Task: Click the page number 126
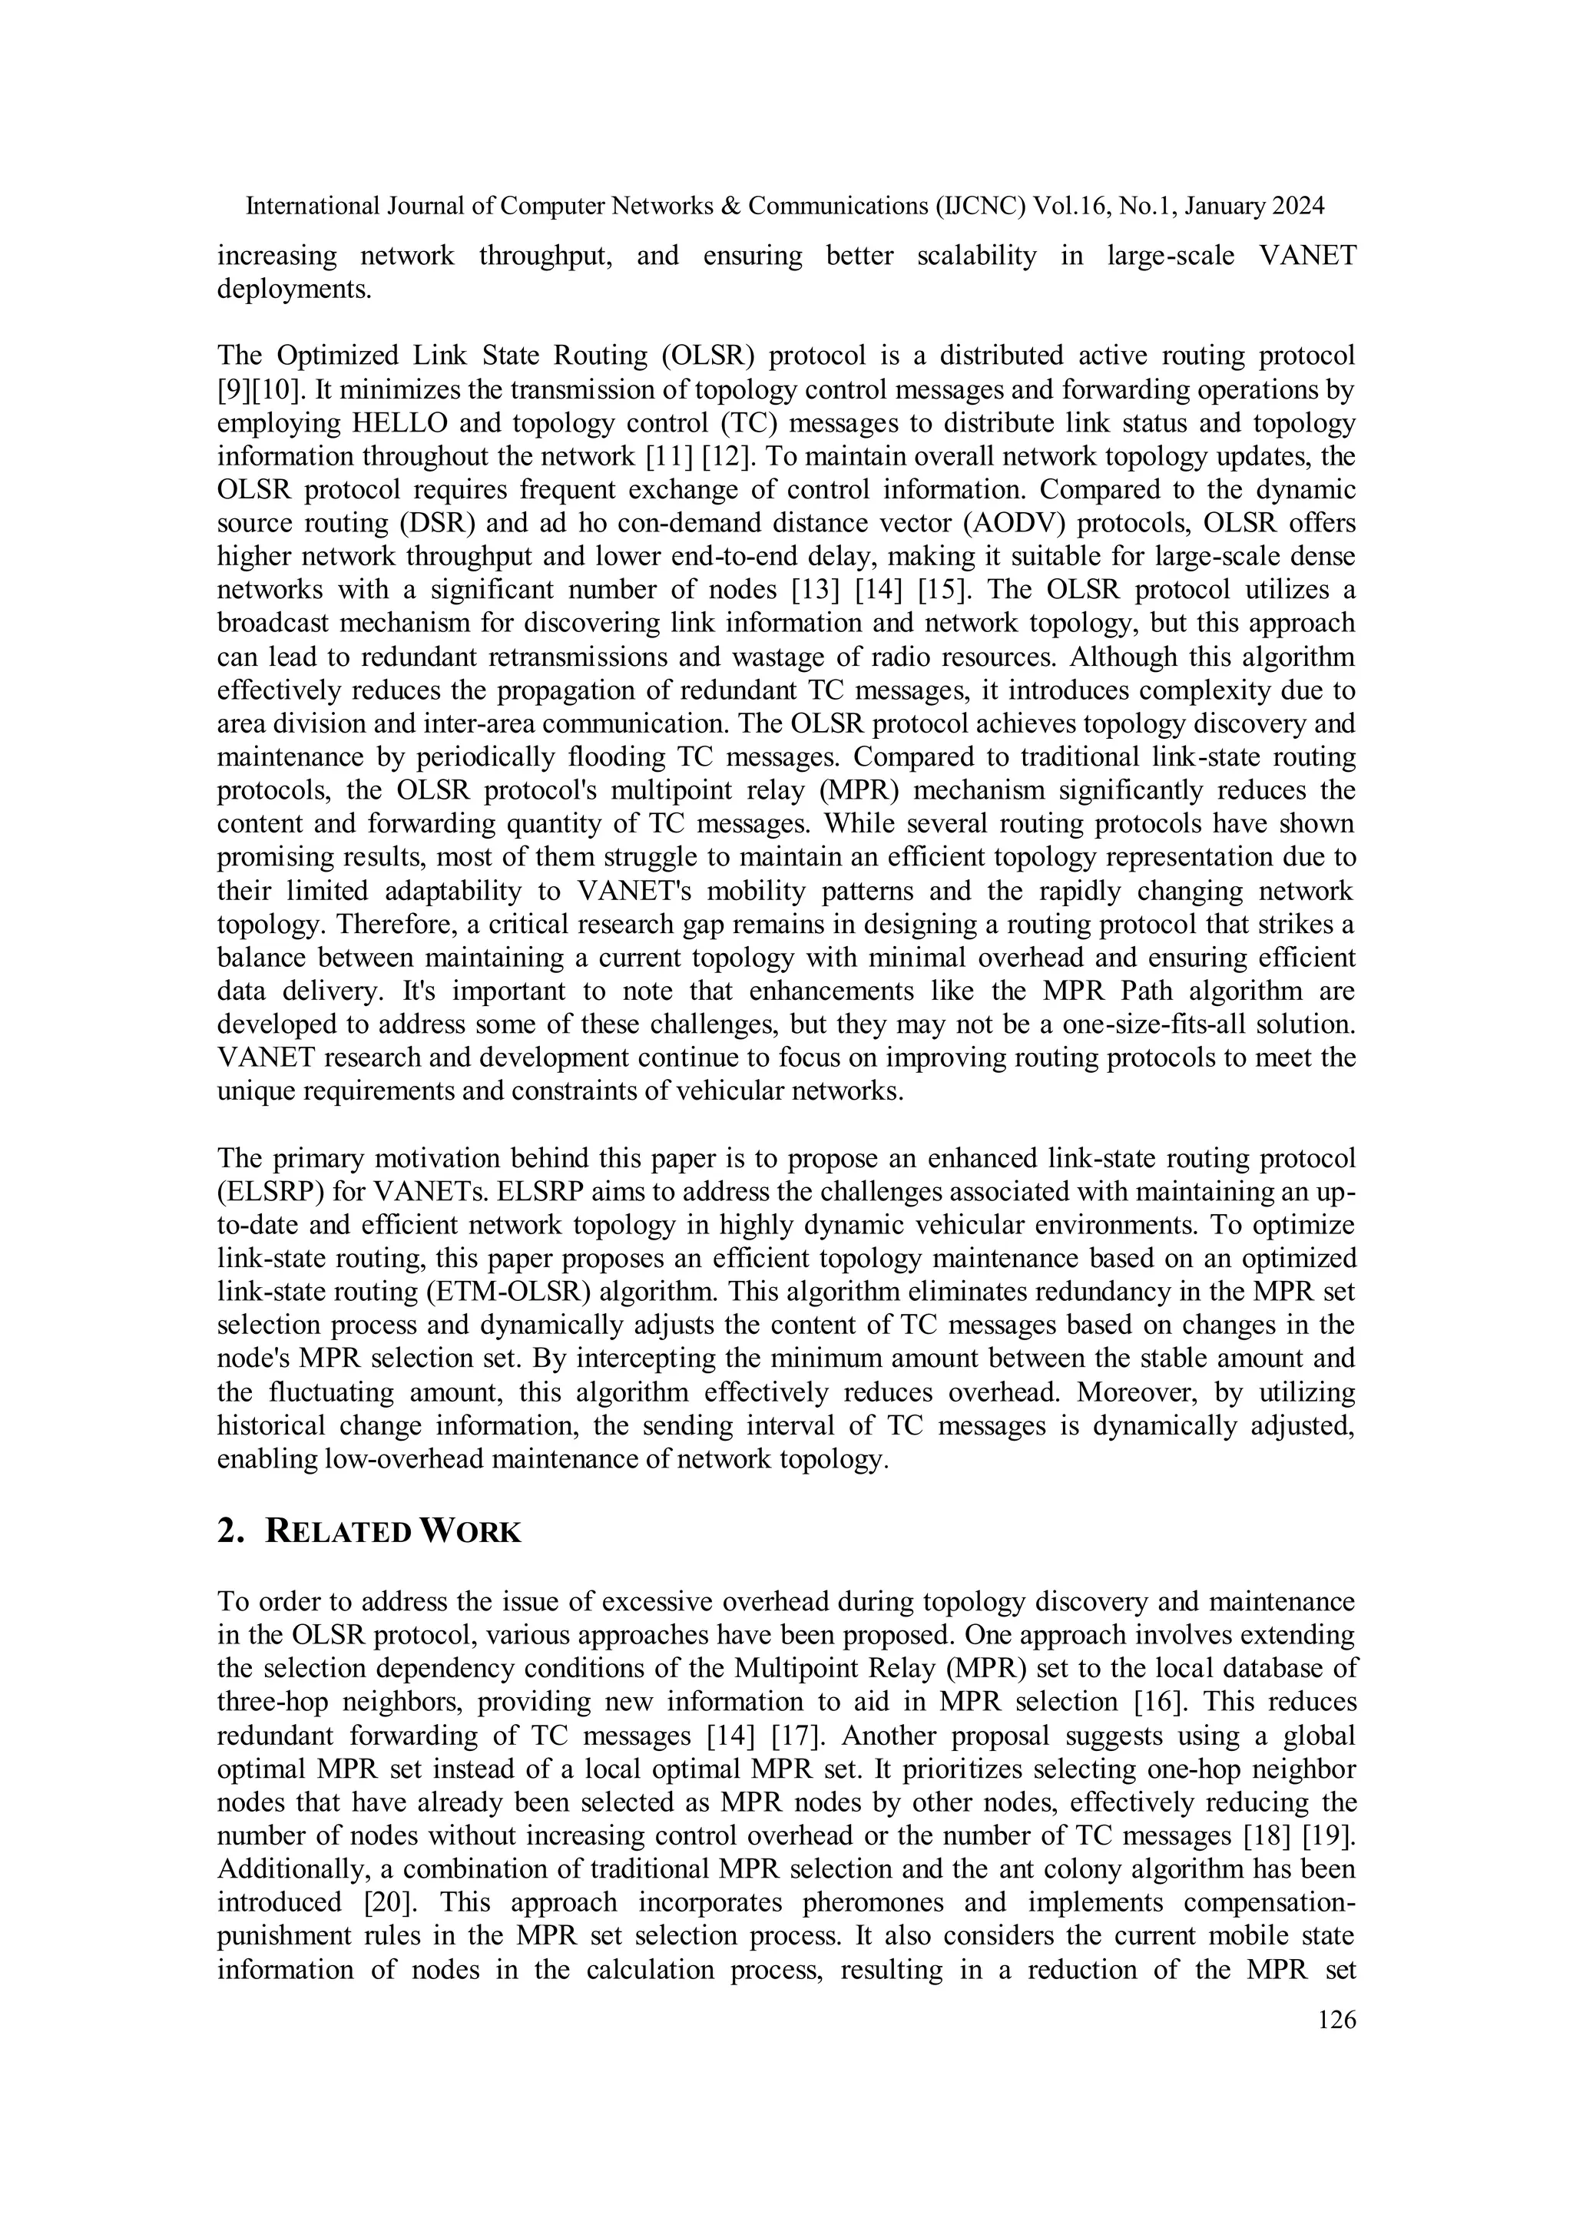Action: coord(1336,2020)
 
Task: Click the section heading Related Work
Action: coord(393,1531)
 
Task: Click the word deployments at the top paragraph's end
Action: coord(293,290)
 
